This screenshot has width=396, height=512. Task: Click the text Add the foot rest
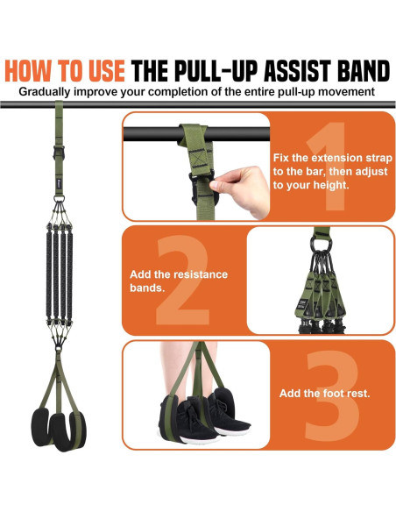click(x=324, y=394)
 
